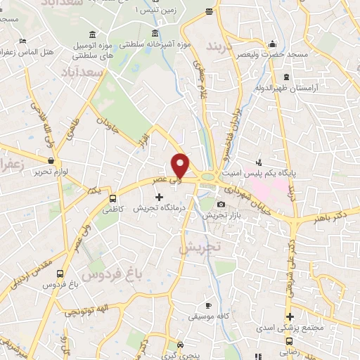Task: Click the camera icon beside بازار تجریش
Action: (x=202, y=204)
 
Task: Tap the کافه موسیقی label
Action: (x=207, y=317)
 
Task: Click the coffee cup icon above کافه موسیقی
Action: (x=207, y=305)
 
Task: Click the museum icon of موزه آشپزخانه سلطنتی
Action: (x=155, y=32)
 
